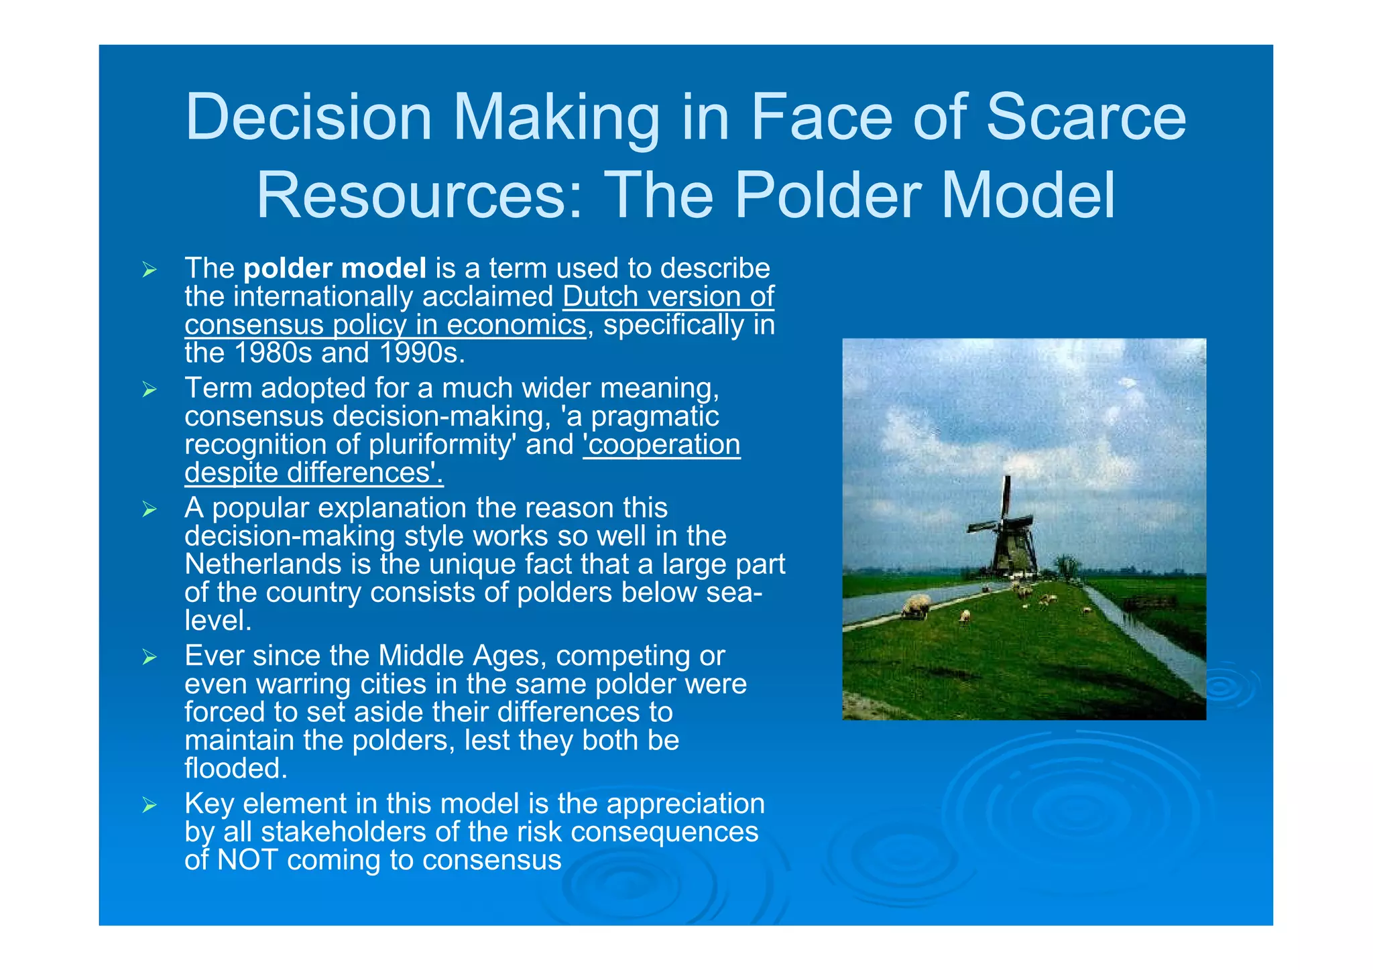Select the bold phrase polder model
tap(335, 268)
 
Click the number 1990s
tap(422, 353)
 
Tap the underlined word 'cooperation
tap(662, 444)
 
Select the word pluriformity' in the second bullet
tap(442, 444)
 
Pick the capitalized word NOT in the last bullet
tap(247, 860)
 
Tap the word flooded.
tap(235, 768)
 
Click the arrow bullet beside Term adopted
tap(149, 389)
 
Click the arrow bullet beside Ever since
tap(149, 657)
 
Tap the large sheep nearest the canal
tap(916, 606)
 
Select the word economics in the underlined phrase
tap(516, 324)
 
